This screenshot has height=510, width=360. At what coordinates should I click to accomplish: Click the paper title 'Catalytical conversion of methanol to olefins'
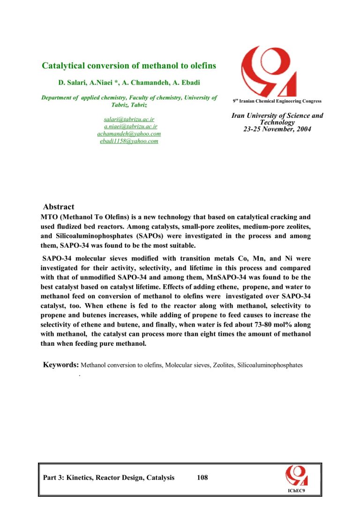pyautogui.click(x=129, y=66)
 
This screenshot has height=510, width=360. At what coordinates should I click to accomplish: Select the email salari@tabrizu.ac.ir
pyautogui.click(x=129, y=120)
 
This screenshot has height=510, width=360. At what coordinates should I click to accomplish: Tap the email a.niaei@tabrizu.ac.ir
pyautogui.click(x=130, y=127)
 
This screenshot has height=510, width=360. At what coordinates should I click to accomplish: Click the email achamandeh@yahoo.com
pyautogui.click(x=129, y=134)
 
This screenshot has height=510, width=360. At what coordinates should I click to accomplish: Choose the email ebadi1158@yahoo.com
pyautogui.click(x=129, y=141)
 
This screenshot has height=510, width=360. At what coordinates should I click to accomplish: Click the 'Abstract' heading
pyautogui.click(x=59, y=207)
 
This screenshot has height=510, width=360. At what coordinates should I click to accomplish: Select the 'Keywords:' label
pyautogui.click(x=61, y=365)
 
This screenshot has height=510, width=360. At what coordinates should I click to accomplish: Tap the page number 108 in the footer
pyautogui.click(x=202, y=478)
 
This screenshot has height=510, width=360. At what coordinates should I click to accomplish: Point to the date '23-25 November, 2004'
pyautogui.click(x=277, y=129)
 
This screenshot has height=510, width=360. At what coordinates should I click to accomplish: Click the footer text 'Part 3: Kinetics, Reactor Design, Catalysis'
pyautogui.click(x=108, y=478)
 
